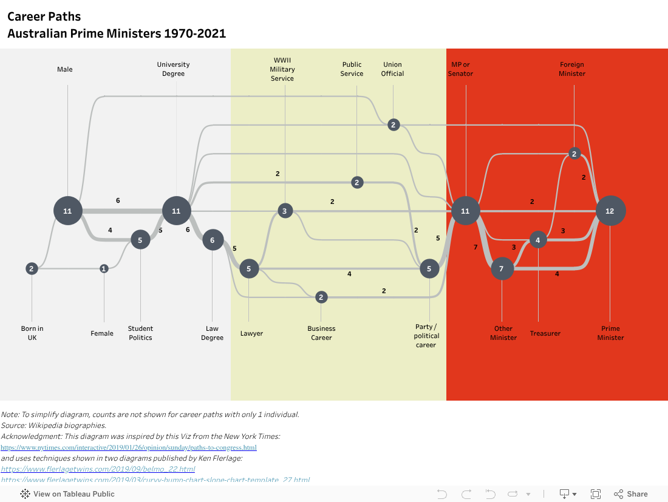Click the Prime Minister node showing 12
click(x=610, y=211)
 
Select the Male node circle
click(x=67, y=211)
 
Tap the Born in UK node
click(x=32, y=268)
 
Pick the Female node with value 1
click(x=104, y=268)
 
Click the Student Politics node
click(x=140, y=239)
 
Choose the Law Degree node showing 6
click(x=213, y=240)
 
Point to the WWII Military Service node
click(x=285, y=211)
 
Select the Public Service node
click(x=357, y=182)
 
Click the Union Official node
click(x=394, y=124)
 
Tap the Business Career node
click(x=321, y=297)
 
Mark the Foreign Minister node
click(x=574, y=154)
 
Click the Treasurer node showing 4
click(x=538, y=240)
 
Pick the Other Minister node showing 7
click(x=502, y=268)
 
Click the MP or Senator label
click(x=460, y=69)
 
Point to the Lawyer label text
click(x=251, y=333)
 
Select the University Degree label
click(x=173, y=69)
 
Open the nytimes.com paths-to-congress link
click(x=129, y=447)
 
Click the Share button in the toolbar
click(x=631, y=494)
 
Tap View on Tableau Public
click(x=67, y=494)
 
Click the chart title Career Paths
click(x=44, y=16)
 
